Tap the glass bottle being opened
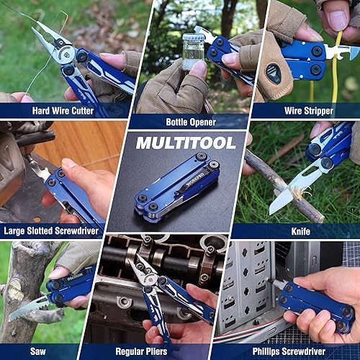pyautogui.click(x=193, y=50)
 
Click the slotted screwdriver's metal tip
pyautogui.click(x=36, y=169)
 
